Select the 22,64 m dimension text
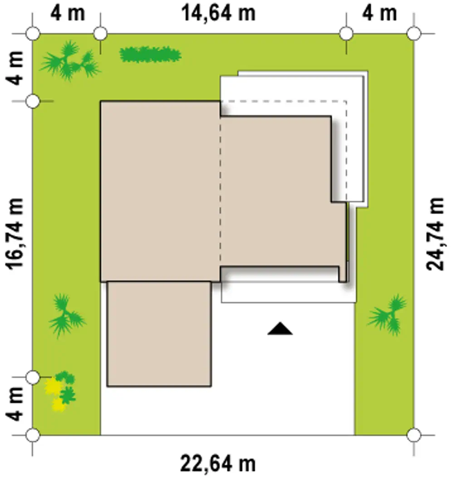click(x=218, y=464)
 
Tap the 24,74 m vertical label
click(x=435, y=234)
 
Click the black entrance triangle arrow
click(x=280, y=329)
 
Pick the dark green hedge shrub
click(x=150, y=55)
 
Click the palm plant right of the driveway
click(x=388, y=315)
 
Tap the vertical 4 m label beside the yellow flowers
click(x=15, y=404)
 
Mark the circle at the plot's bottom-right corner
click(x=414, y=435)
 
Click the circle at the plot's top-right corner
click(x=414, y=33)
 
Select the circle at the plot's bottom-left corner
click(x=33, y=435)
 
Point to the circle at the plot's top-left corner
click(x=33, y=33)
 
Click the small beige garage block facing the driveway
click(x=159, y=334)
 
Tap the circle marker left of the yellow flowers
click(x=33, y=377)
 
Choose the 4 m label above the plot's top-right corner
click(x=380, y=13)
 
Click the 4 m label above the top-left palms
click(x=67, y=13)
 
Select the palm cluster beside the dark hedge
click(x=70, y=61)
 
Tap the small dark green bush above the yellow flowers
click(x=65, y=377)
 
